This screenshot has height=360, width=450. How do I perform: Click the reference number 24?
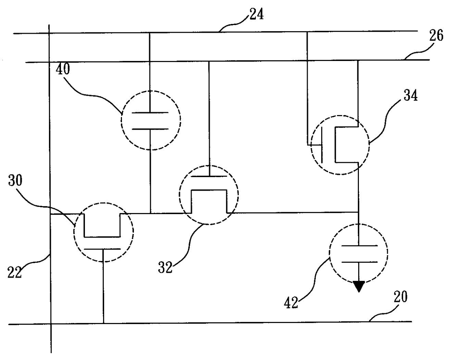(256, 14)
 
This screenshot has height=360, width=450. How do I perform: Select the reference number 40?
(63, 69)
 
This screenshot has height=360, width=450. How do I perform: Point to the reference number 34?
(411, 95)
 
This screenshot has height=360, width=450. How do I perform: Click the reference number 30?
(15, 180)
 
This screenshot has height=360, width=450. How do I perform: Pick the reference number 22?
(15, 272)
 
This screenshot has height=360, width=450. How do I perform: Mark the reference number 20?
(401, 296)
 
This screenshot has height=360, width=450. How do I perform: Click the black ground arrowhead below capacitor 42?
(359, 286)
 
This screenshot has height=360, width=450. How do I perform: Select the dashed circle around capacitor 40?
(121, 120)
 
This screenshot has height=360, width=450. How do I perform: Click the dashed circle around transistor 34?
(311, 145)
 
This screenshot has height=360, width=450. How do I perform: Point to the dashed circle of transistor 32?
(179, 195)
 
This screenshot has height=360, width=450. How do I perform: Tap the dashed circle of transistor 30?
(74, 232)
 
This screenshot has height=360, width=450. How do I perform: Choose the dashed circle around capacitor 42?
(330, 253)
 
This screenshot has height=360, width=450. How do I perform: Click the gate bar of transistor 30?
(102, 249)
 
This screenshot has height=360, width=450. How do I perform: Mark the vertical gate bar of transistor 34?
(322, 145)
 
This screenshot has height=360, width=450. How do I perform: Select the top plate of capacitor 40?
(150, 112)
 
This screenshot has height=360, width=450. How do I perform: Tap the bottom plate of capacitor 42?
(360, 262)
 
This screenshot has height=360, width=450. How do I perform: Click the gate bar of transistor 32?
(209, 176)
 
